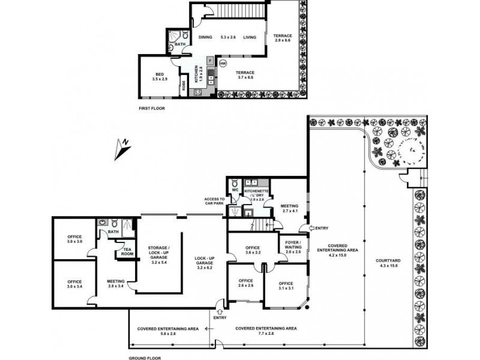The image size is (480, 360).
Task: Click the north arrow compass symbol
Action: pyautogui.click(x=122, y=149)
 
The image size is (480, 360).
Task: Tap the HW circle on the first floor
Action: pyautogui.click(x=223, y=63)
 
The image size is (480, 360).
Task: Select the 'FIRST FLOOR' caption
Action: pyautogui.click(x=151, y=109)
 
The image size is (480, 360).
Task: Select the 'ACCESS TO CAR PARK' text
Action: pyautogui.click(x=214, y=201)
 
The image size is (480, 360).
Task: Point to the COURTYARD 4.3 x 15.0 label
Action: pyautogui.click(x=389, y=262)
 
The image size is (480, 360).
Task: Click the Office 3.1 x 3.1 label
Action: pyautogui.click(x=286, y=286)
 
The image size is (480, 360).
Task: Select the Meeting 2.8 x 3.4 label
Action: pyautogui.click(x=115, y=282)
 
